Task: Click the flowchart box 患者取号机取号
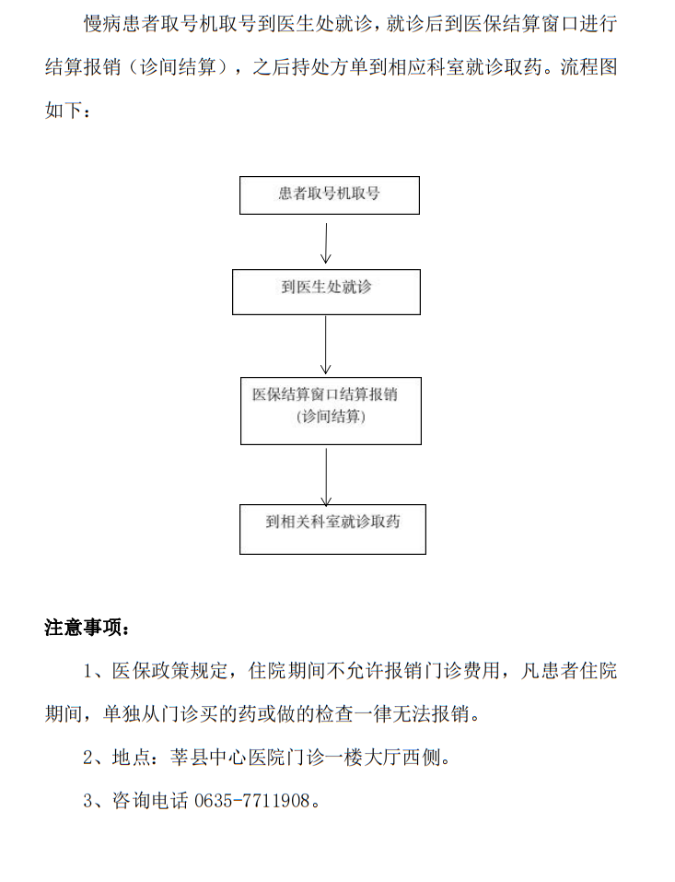coord(329,195)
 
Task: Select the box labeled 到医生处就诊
coord(326,291)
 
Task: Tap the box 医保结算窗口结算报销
coord(331,410)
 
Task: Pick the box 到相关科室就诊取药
coord(332,528)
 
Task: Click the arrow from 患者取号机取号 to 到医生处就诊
coord(325,241)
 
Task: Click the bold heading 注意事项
coord(87,628)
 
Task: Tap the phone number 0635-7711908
coord(251,801)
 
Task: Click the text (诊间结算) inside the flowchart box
coord(331,417)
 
